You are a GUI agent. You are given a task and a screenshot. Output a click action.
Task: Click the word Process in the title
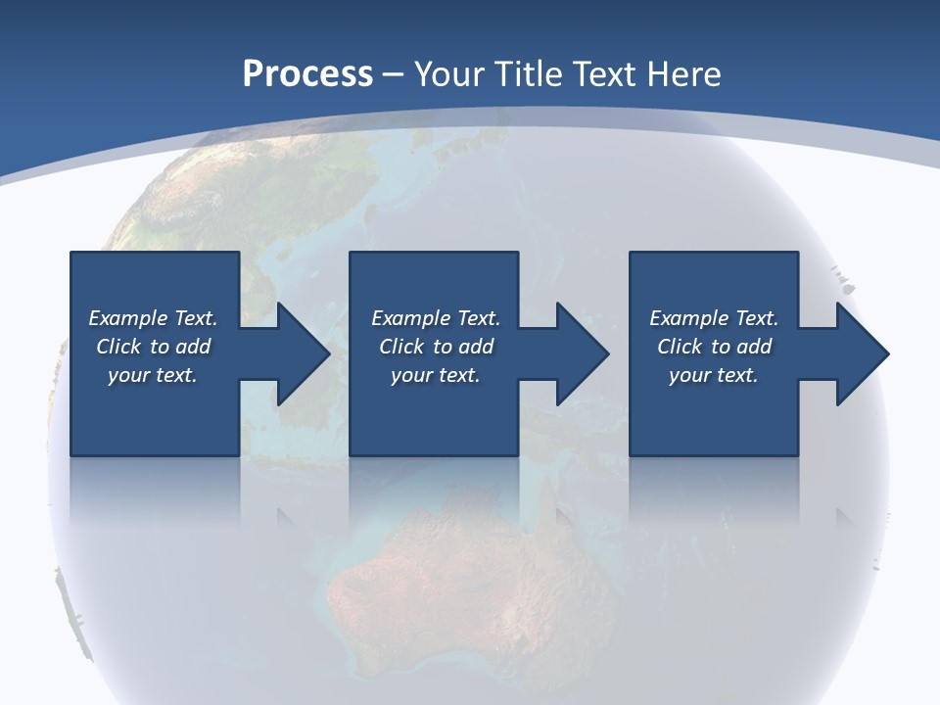tap(307, 74)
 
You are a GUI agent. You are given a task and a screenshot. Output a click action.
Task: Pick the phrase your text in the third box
tap(713, 375)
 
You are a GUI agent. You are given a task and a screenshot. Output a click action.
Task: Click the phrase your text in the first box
tap(152, 375)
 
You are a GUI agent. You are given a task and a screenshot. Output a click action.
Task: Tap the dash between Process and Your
tap(394, 74)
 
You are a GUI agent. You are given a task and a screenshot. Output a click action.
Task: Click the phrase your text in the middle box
tap(435, 375)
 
